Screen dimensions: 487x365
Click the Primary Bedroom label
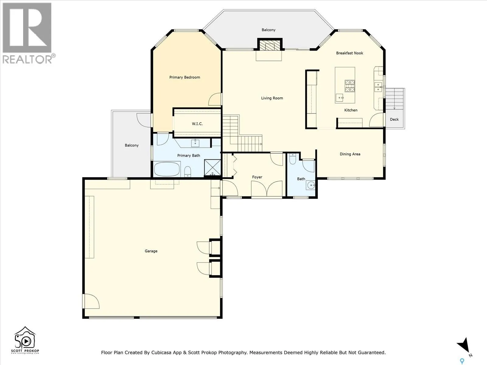(184, 77)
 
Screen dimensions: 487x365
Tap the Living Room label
(272, 98)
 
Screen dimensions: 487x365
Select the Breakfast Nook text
(350, 53)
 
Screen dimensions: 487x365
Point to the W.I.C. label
(197, 124)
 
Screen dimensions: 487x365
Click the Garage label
(151, 251)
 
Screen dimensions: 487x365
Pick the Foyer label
(257, 177)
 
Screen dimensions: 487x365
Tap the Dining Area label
(350, 154)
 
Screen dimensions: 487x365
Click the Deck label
(394, 120)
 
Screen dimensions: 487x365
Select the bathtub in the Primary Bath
(166, 169)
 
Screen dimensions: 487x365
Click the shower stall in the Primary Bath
(212, 168)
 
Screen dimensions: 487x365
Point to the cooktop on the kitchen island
(350, 86)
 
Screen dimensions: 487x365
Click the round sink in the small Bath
(311, 185)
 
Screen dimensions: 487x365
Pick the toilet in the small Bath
(293, 159)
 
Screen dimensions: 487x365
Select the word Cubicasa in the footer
(161, 353)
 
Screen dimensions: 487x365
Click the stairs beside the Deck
(394, 99)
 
